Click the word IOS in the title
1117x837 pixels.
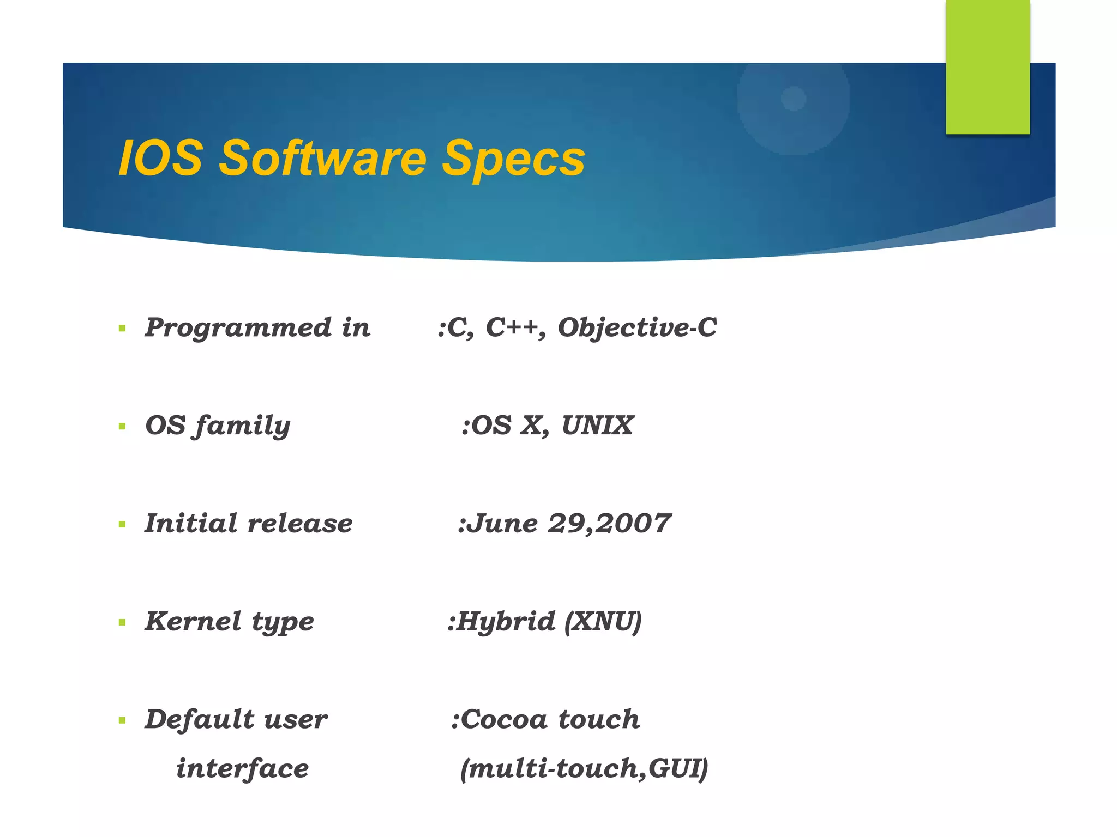tap(161, 158)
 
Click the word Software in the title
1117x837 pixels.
tap(322, 158)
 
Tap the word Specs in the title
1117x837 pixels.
tap(513, 159)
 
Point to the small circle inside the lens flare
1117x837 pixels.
tap(794, 99)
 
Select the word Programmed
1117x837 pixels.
tap(238, 328)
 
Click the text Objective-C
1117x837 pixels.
tap(636, 328)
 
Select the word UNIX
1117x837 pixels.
tap(597, 426)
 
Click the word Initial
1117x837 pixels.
tap(191, 524)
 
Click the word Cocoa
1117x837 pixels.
tap(504, 720)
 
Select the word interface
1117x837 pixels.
tap(242, 769)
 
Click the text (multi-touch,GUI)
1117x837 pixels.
tap(584, 769)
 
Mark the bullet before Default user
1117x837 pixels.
tap(122, 720)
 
